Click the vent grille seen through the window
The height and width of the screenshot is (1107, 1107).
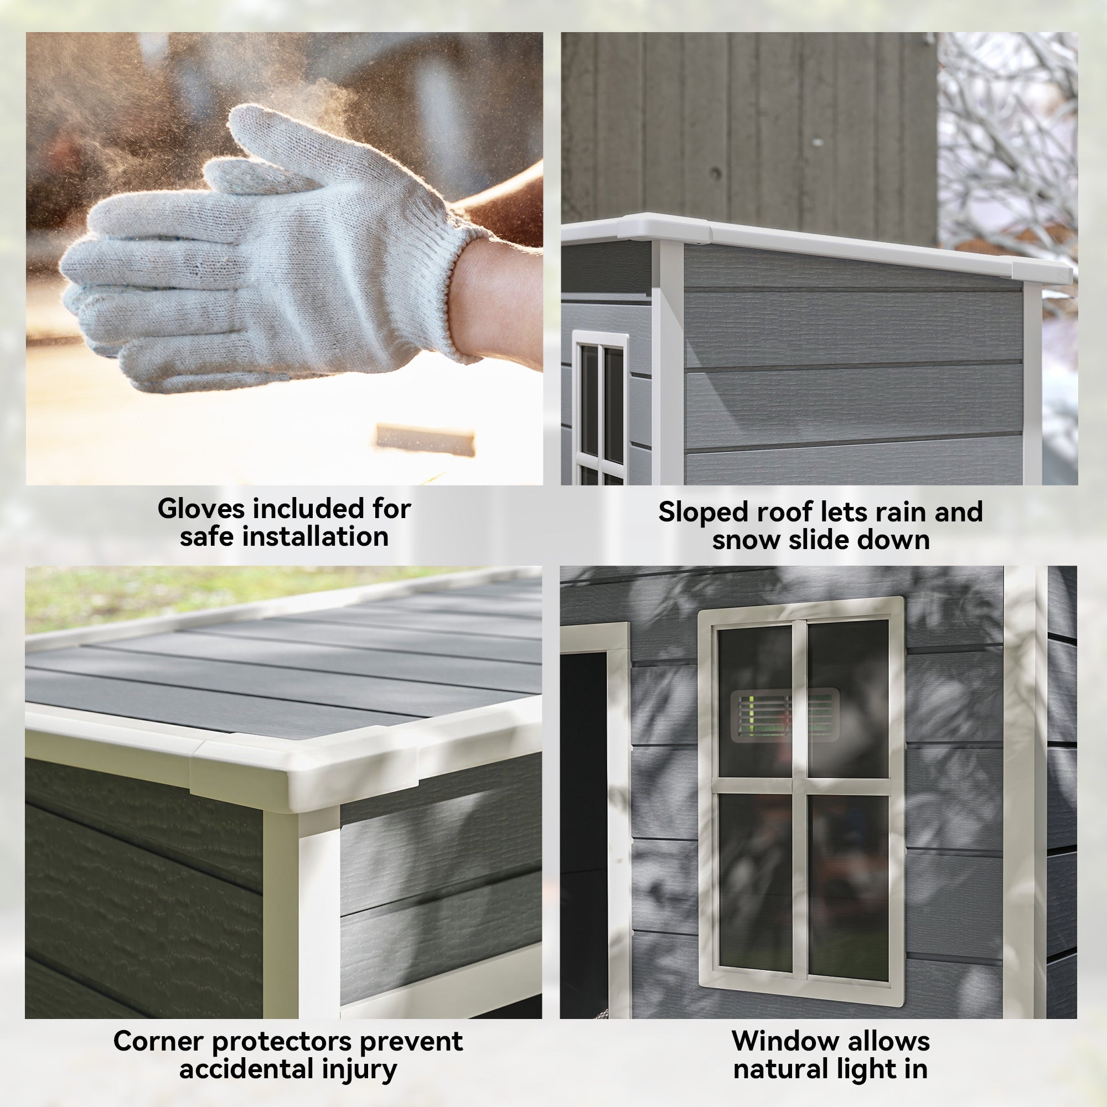coord(784,715)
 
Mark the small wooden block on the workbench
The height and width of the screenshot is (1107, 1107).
coord(425,439)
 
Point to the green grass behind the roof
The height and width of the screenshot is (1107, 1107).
coord(172,596)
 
